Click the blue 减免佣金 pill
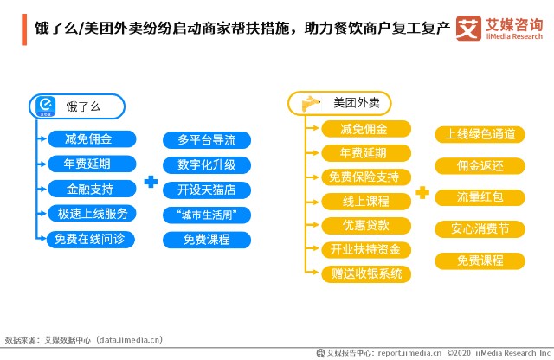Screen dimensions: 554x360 click(92, 138)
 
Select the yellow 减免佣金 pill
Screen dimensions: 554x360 click(366, 129)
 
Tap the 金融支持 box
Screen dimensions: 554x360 click(92, 189)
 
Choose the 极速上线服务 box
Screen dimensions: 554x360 click(92, 214)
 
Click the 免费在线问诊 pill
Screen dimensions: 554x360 click(90, 239)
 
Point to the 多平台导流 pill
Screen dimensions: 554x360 click(207, 140)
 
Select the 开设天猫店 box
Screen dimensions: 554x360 click(207, 190)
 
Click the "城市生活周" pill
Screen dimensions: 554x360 click(207, 215)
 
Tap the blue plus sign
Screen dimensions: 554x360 click(151, 182)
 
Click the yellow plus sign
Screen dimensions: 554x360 click(422, 192)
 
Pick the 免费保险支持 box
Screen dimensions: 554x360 click(366, 177)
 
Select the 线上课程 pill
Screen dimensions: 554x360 click(366, 202)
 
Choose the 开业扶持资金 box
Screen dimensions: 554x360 click(366, 249)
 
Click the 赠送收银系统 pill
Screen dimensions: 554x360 click(366, 273)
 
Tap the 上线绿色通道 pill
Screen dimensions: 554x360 click(480, 134)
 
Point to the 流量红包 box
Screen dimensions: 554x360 click(480, 197)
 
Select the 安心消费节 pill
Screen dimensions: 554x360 click(480, 229)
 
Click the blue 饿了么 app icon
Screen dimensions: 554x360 click(46, 106)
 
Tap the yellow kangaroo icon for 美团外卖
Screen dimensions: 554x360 click(311, 104)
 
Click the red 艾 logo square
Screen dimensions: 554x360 click(468, 28)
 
